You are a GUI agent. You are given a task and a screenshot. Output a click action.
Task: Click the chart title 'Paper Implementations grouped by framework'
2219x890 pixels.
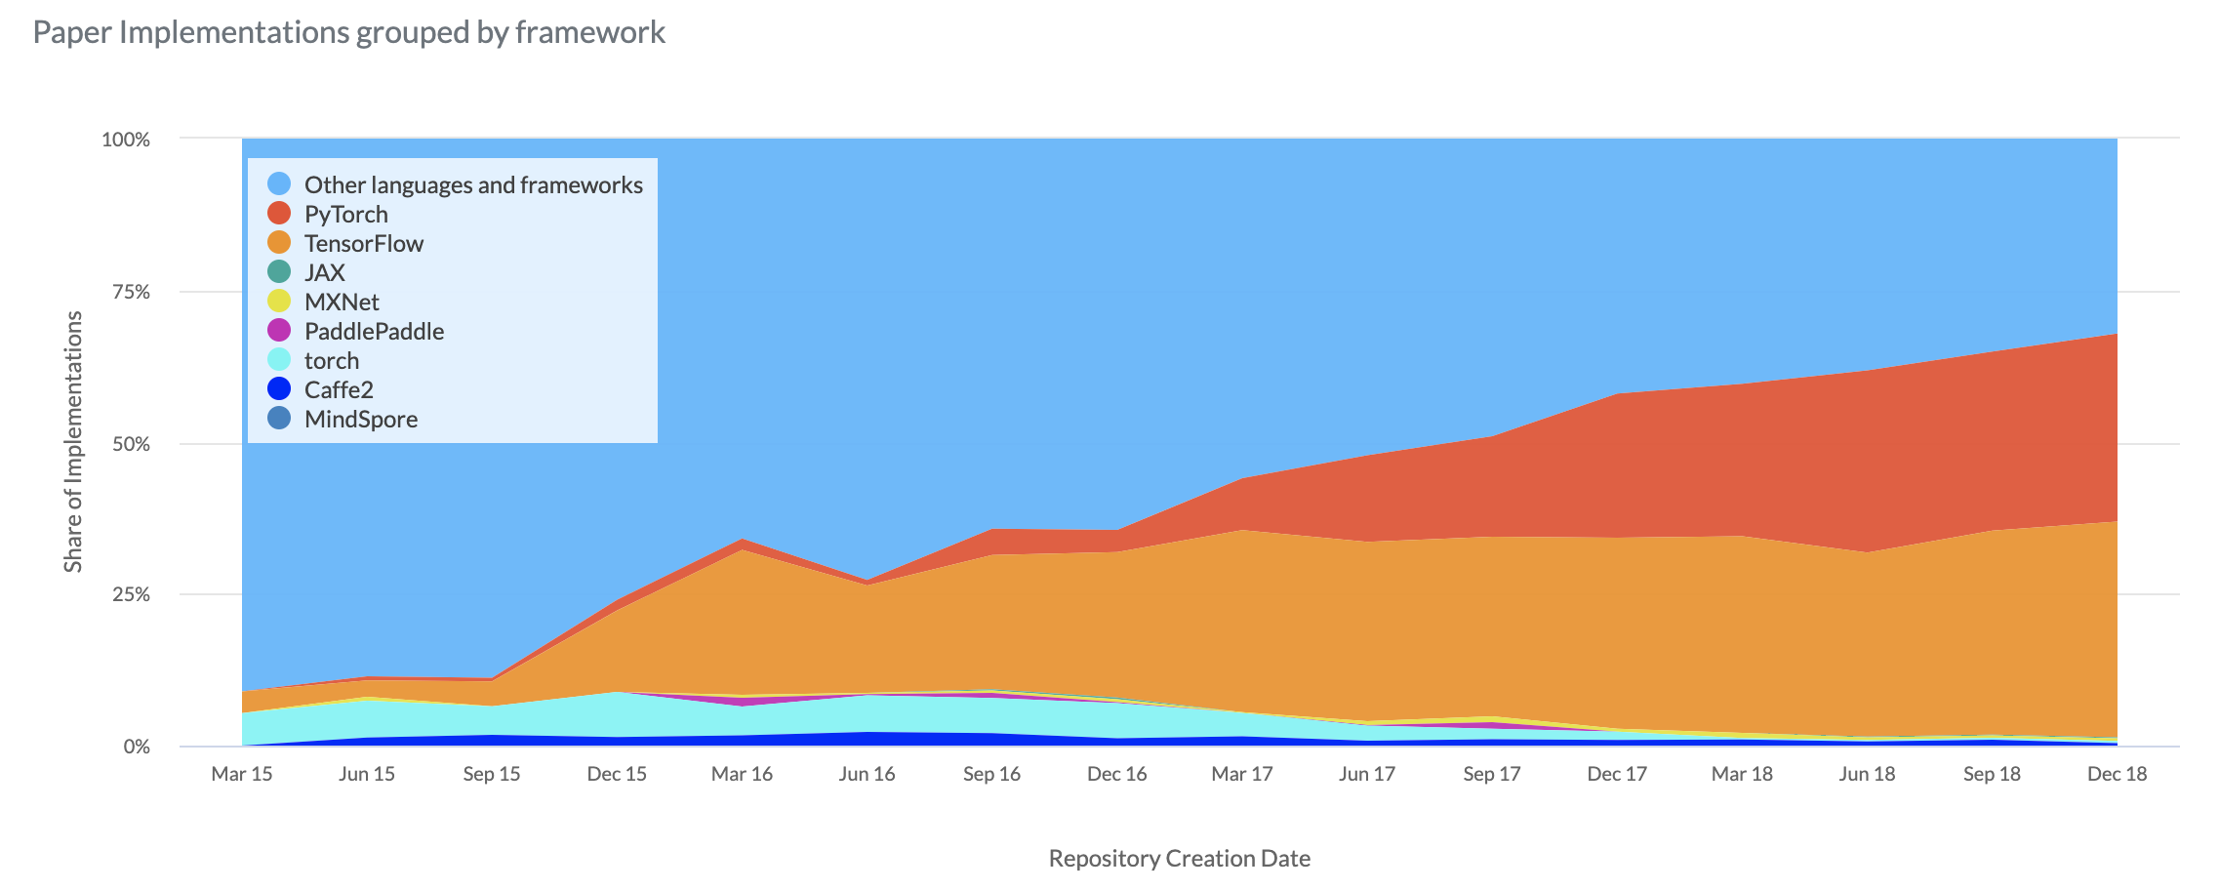(x=348, y=32)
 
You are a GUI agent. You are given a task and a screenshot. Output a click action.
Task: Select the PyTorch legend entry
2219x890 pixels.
(x=345, y=214)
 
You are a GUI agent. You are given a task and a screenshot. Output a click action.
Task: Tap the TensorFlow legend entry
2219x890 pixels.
(x=363, y=243)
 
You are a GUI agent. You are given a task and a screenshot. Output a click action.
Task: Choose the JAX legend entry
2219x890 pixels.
(x=324, y=272)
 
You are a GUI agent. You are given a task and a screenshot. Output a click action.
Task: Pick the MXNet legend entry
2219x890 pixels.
(x=341, y=302)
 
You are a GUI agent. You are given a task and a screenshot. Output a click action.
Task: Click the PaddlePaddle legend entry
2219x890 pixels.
(x=374, y=331)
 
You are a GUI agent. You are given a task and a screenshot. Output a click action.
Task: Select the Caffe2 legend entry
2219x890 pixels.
(x=339, y=389)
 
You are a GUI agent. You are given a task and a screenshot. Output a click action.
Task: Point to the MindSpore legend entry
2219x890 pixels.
(x=360, y=419)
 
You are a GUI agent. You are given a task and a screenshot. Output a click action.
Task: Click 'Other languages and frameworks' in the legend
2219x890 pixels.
(x=473, y=184)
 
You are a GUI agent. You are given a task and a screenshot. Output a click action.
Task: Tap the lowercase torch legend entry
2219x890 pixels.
(x=331, y=360)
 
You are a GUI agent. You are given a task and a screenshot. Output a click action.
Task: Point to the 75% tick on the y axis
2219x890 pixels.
(x=127, y=292)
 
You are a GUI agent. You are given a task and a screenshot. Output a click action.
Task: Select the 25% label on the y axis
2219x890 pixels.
(x=127, y=594)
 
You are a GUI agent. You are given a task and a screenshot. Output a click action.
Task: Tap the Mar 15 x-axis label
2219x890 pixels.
(x=242, y=774)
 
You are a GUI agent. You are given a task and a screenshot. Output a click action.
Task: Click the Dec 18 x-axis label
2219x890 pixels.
(x=2117, y=774)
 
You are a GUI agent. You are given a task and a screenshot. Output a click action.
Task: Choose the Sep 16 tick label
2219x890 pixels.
(x=991, y=774)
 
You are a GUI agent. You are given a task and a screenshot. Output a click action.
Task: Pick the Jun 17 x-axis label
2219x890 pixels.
(x=1366, y=774)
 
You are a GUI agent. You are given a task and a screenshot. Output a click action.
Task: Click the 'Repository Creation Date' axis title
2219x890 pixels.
(x=1179, y=859)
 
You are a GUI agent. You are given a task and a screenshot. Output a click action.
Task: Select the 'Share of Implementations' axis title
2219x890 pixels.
(x=73, y=441)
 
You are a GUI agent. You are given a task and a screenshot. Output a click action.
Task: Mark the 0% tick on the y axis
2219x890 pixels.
(x=136, y=747)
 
